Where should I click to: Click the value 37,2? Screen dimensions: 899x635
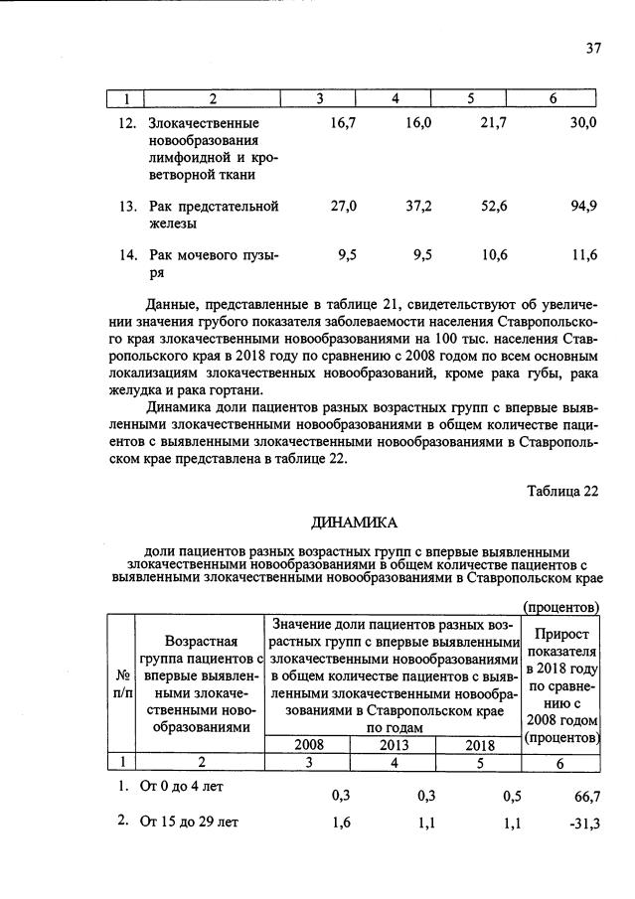(x=418, y=206)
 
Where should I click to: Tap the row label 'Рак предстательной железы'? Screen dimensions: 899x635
(x=213, y=215)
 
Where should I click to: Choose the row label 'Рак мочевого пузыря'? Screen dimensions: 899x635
(x=213, y=263)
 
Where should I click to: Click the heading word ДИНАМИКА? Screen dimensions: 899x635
(x=354, y=524)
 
